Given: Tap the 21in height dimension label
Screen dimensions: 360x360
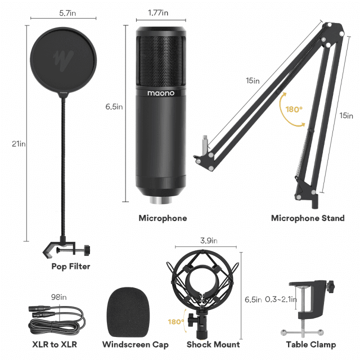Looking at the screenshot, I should pyautogui.click(x=19, y=144).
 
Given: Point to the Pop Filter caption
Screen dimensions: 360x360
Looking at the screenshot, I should pyautogui.click(x=71, y=266).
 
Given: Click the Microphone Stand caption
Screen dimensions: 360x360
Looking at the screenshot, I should pyautogui.click(x=307, y=218).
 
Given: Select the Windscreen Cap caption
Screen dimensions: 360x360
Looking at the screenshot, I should pyautogui.click(x=135, y=344).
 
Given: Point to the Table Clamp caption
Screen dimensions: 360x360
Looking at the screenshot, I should pyautogui.click(x=310, y=344).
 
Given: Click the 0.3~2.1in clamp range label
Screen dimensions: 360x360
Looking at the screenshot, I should pyautogui.click(x=280, y=299).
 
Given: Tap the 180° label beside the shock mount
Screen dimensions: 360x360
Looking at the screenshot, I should pyautogui.click(x=175, y=322).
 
